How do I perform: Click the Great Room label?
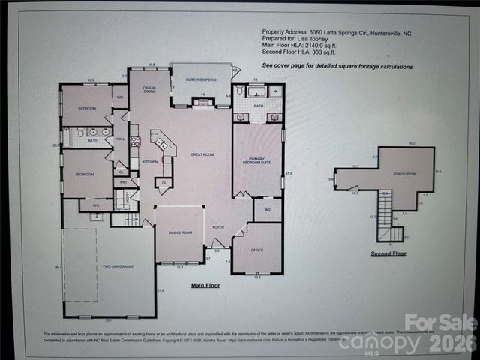pos(202,154)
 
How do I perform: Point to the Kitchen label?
pos(150,161)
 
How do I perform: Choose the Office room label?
pos(256,250)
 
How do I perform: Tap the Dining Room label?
pos(180,232)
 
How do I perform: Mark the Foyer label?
pos(218,226)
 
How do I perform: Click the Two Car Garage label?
pos(118,266)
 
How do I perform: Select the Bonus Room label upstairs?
pos(404,174)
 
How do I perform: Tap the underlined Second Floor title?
pos(389,254)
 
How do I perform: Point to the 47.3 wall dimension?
pos(288,174)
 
